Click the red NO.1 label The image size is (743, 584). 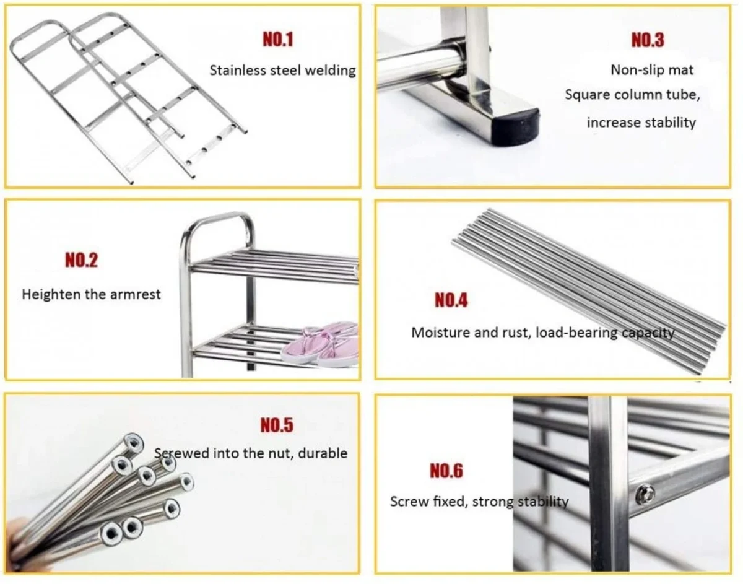pyautogui.click(x=278, y=40)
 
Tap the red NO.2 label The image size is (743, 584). pyautogui.click(x=82, y=260)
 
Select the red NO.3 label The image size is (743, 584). pyautogui.click(x=647, y=40)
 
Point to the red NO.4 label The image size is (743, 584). pyautogui.click(x=451, y=300)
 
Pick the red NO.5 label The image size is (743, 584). pyautogui.click(x=276, y=425)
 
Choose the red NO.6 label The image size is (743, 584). pyautogui.click(x=446, y=471)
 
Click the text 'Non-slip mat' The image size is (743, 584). pyautogui.click(x=652, y=69)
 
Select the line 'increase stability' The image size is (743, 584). pyautogui.click(x=641, y=122)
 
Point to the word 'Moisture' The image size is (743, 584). pyautogui.click(x=440, y=333)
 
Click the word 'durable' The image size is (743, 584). pyautogui.click(x=323, y=453)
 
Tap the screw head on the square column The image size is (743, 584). pyautogui.click(x=645, y=493)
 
